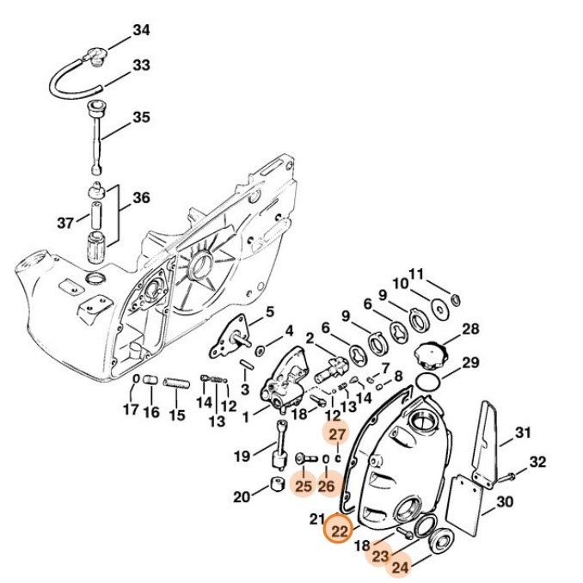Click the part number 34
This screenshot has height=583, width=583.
coord(141,31)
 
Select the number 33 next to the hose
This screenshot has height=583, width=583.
coord(141,65)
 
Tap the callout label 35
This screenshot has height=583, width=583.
coord(141,117)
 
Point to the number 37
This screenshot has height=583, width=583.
coord(66,223)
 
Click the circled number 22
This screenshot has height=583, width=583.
coord(340,531)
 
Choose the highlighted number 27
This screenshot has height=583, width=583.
coord(337,435)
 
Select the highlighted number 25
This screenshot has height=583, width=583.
coord(302,487)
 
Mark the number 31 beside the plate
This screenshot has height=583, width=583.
coord(523,433)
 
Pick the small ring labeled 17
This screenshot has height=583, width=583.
coord(135,379)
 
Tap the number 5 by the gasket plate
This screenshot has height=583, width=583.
coord(268,311)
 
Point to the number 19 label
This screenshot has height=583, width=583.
coord(242,455)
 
